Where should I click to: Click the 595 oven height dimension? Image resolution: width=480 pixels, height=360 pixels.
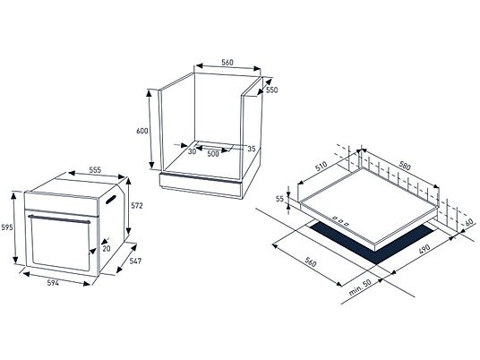pyautogui.click(x=6, y=227)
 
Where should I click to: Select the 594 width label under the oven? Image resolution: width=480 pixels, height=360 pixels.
pyautogui.click(x=53, y=283)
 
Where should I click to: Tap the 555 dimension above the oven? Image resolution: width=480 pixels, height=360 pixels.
pyautogui.click(x=95, y=170)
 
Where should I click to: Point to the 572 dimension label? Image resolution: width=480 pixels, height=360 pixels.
pyautogui.click(x=137, y=206)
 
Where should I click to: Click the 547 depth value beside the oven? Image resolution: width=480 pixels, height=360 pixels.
pyautogui.click(x=135, y=261)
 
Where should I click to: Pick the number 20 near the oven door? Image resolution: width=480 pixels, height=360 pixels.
pyautogui.click(x=107, y=249)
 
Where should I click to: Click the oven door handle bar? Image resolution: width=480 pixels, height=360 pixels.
pyautogui.click(x=59, y=219)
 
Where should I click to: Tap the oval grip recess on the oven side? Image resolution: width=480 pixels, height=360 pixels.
pyautogui.click(x=111, y=200)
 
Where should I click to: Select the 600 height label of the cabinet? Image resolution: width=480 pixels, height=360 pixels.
pyautogui.click(x=142, y=131)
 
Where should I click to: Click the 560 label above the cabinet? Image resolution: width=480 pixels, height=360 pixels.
pyautogui.click(x=227, y=63)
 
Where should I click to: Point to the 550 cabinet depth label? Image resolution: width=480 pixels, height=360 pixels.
pyautogui.click(x=272, y=90)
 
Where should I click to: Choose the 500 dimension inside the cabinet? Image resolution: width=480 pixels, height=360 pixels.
pyautogui.click(x=213, y=154)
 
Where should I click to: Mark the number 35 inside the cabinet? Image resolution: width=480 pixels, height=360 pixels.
pyautogui.click(x=252, y=149)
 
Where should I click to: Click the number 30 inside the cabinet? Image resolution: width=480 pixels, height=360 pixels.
pyautogui.click(x=192, y=151)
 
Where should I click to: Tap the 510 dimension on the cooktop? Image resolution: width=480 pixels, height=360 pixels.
pyautogui.click(x=321, y=167)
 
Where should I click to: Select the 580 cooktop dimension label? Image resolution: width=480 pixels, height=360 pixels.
pyautogui.click(x=404, y=166)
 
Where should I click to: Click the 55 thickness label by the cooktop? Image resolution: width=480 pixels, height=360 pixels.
pyautogui.click(x=279, y=199)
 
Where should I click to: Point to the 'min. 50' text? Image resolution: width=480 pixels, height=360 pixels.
pyautogui.click(x=360, y=287)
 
